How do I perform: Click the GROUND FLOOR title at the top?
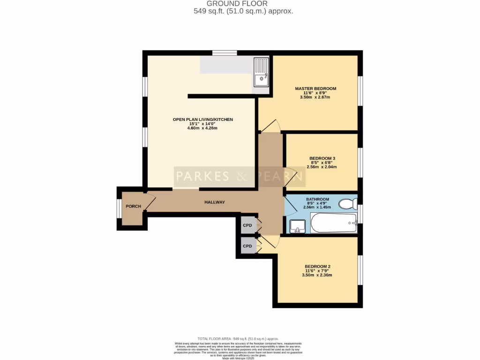(x=243, y=4)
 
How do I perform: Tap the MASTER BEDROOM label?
(x=315, y=88)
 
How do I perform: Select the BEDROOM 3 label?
(x=322, y=158)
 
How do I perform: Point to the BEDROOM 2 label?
(x=317, y=266)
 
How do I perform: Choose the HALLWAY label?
(x=215, y=202)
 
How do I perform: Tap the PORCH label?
(x=133, y=206)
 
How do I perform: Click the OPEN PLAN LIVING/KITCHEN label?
(x=202, y=120)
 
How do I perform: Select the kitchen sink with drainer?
(x=262, y=72)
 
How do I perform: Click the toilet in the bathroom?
(x=347, y=204)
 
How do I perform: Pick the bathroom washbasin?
(x=297, y=226)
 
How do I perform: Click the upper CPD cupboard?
(x=247, y=225)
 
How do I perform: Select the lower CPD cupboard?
(x=247, y=246)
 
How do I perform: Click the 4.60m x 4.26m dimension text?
(x=202, y=128)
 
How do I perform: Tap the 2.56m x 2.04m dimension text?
(x=322, y=167)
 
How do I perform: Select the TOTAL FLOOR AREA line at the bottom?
(x=238, y=338)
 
